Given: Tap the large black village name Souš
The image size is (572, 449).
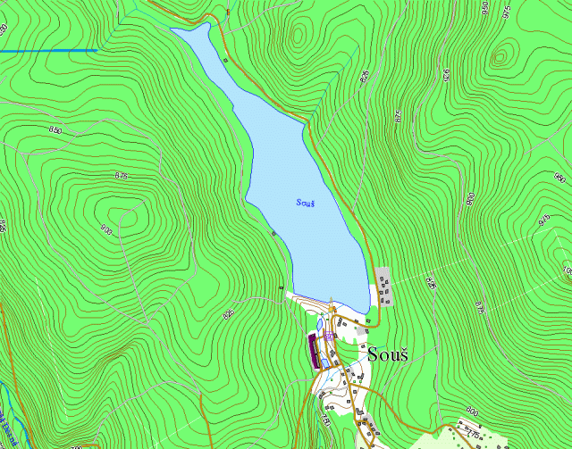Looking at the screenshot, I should (x=388, y=354).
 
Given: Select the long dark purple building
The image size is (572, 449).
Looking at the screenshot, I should (x=313, y=351).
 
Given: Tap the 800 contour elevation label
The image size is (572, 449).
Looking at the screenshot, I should (x=471, y=411).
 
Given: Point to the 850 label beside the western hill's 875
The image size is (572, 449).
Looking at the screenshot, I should (x=56, y=130).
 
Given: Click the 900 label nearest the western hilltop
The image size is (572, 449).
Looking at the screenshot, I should (x=106, y=229).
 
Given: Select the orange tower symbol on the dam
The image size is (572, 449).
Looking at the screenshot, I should (x=332, y=309).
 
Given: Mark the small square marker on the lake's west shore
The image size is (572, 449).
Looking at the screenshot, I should (x=273, y=233).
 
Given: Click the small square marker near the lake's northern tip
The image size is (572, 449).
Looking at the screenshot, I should (x=225, y=60).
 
